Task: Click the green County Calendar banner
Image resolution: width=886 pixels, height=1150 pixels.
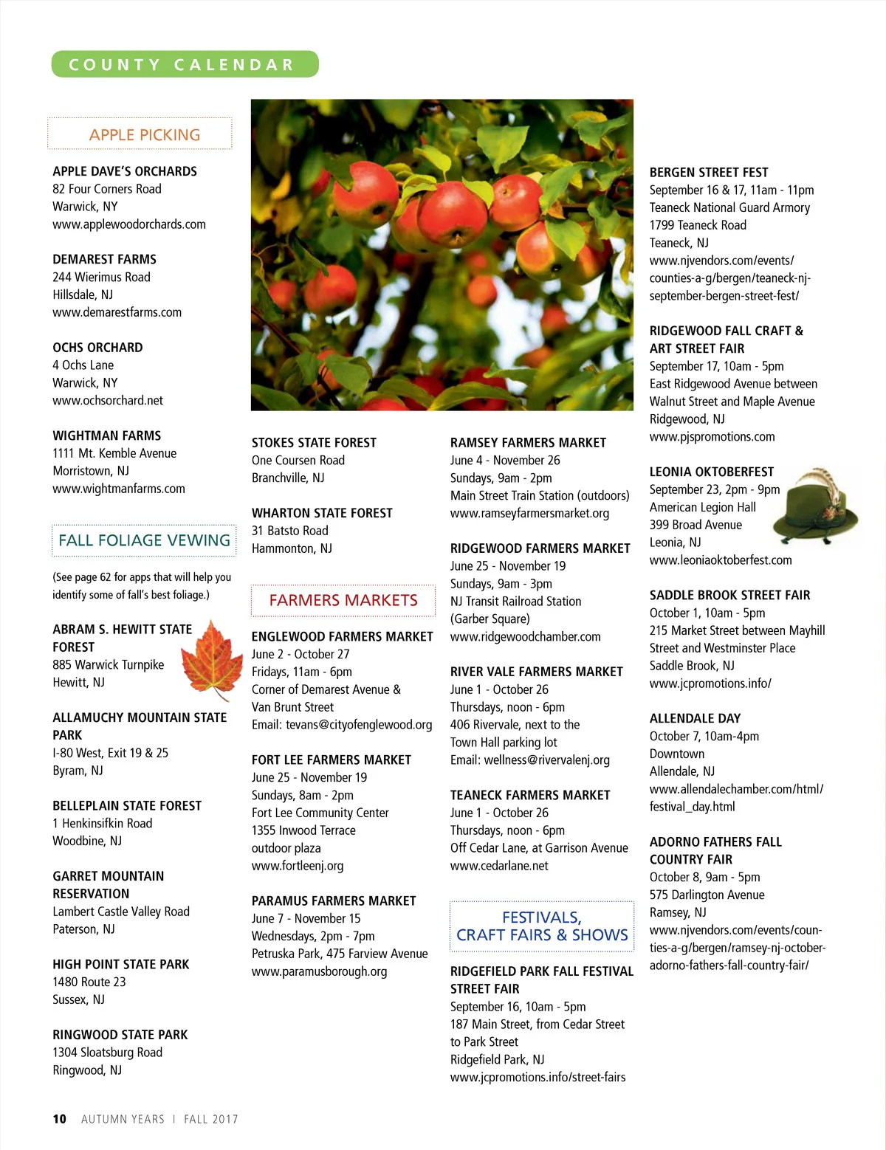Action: (x=185, y=64)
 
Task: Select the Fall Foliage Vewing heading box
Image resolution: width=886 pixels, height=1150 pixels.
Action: (x=145, y=540)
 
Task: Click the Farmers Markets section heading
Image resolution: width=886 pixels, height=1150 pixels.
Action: (x=343, y=600)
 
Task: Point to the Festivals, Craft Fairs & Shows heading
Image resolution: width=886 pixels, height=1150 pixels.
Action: (x=542, y=926)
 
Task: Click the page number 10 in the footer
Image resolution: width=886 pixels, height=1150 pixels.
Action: (x=59, y=1119)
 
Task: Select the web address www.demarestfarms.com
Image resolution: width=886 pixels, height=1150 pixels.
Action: (x=117, y=312)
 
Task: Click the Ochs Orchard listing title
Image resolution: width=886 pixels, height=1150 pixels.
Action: (x=97, y=348)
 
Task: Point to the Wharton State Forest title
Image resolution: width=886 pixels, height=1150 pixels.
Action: (x=322, y=513)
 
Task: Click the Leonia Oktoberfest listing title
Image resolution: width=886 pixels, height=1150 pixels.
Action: (x=711, y=472)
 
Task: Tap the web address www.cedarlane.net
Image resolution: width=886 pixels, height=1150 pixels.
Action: (x=499, y=866)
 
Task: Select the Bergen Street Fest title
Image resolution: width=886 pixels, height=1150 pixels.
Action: (x=709, y=172)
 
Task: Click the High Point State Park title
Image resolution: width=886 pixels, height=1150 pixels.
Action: (x=121, y=965)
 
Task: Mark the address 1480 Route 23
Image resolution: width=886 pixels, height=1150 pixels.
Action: (x=89, y=982)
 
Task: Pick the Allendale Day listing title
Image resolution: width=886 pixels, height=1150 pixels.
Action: (x=695, y=718)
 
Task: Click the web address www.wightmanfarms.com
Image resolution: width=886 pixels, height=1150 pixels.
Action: (x=119, y=489)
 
